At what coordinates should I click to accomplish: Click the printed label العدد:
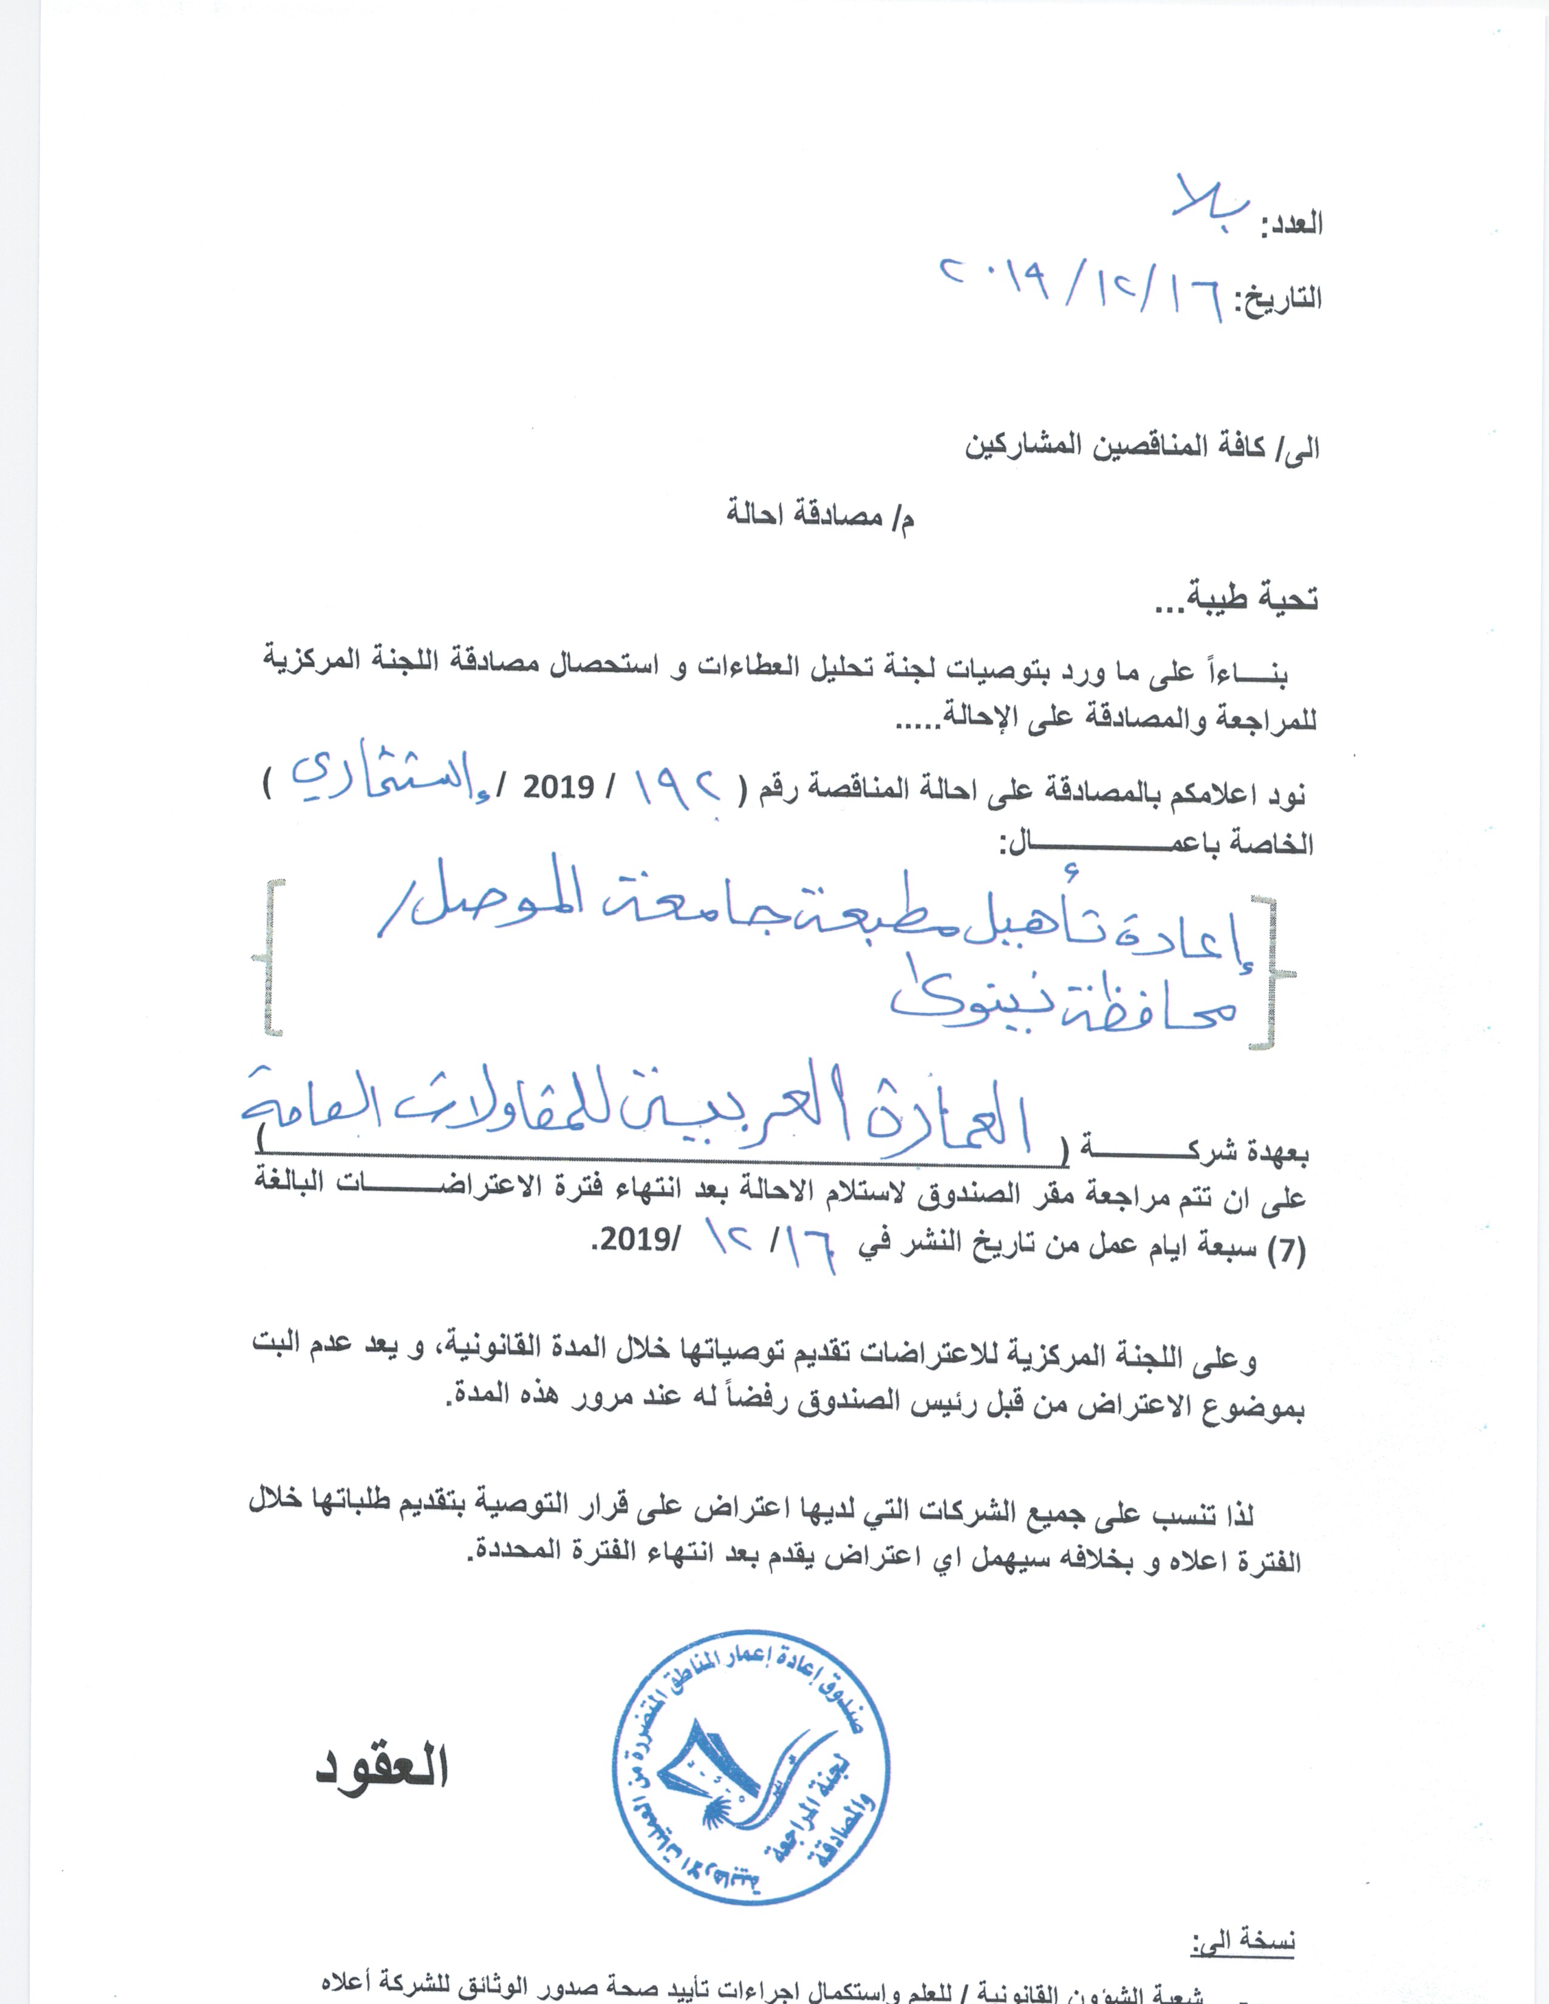coord(1291,225)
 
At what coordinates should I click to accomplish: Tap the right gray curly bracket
coord(1276,973)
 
